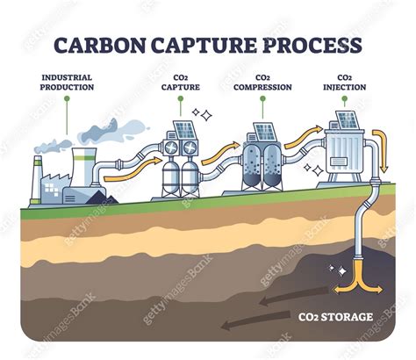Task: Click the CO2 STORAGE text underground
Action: (334, 317)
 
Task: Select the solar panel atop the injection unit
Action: (343, 122)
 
